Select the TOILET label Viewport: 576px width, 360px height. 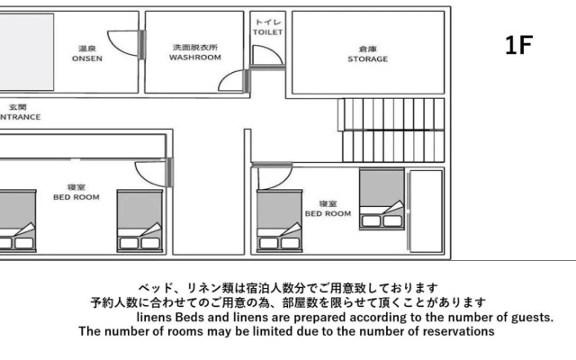pos(267,26)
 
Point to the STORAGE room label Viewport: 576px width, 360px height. pos(367,54)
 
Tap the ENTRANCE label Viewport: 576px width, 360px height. pos(18,112)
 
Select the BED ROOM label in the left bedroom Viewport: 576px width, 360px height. pos(76,192)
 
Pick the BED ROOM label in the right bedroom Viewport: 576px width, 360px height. pos(328,209)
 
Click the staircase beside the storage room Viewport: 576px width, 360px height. pos(391,130)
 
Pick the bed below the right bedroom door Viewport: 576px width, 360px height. pos(278,221)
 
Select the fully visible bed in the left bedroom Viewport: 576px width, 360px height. pos(139,220)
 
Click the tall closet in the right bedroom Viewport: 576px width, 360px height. pos(425,211)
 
